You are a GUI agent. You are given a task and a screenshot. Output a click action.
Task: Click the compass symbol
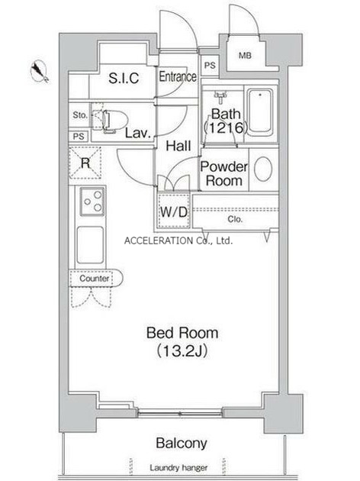point(40,72)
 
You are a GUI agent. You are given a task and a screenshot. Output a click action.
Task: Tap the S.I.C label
point(124,78)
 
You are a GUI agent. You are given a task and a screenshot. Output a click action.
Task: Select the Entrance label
point(178,76)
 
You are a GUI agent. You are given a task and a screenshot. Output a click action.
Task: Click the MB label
point(245,56)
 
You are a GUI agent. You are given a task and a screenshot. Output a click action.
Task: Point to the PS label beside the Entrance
point(210,66)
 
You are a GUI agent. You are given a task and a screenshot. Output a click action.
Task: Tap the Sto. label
point(79,115)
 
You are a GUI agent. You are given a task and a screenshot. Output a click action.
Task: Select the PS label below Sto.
point(79,136)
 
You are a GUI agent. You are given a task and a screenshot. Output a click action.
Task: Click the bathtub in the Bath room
point(260,112)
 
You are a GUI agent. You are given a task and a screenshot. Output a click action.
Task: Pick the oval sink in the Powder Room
point(263,169)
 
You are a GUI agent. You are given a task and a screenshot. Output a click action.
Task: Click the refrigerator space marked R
point(85,163)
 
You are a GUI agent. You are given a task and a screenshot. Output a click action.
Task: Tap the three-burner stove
point(92,202)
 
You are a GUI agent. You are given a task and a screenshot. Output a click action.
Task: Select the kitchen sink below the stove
point(90,245)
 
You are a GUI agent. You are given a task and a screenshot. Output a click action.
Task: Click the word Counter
point(94,279)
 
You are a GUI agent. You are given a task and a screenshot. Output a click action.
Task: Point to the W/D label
point(173,211)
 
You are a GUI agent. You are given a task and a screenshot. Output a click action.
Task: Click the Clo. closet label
point(235,219)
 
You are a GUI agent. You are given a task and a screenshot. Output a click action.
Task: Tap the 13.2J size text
point(182,351)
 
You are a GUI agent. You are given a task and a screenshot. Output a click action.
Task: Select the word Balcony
point(182,443)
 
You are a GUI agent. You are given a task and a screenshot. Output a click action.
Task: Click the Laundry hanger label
point(178,468)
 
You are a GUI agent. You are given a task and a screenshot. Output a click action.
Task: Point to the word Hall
point(178,146)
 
